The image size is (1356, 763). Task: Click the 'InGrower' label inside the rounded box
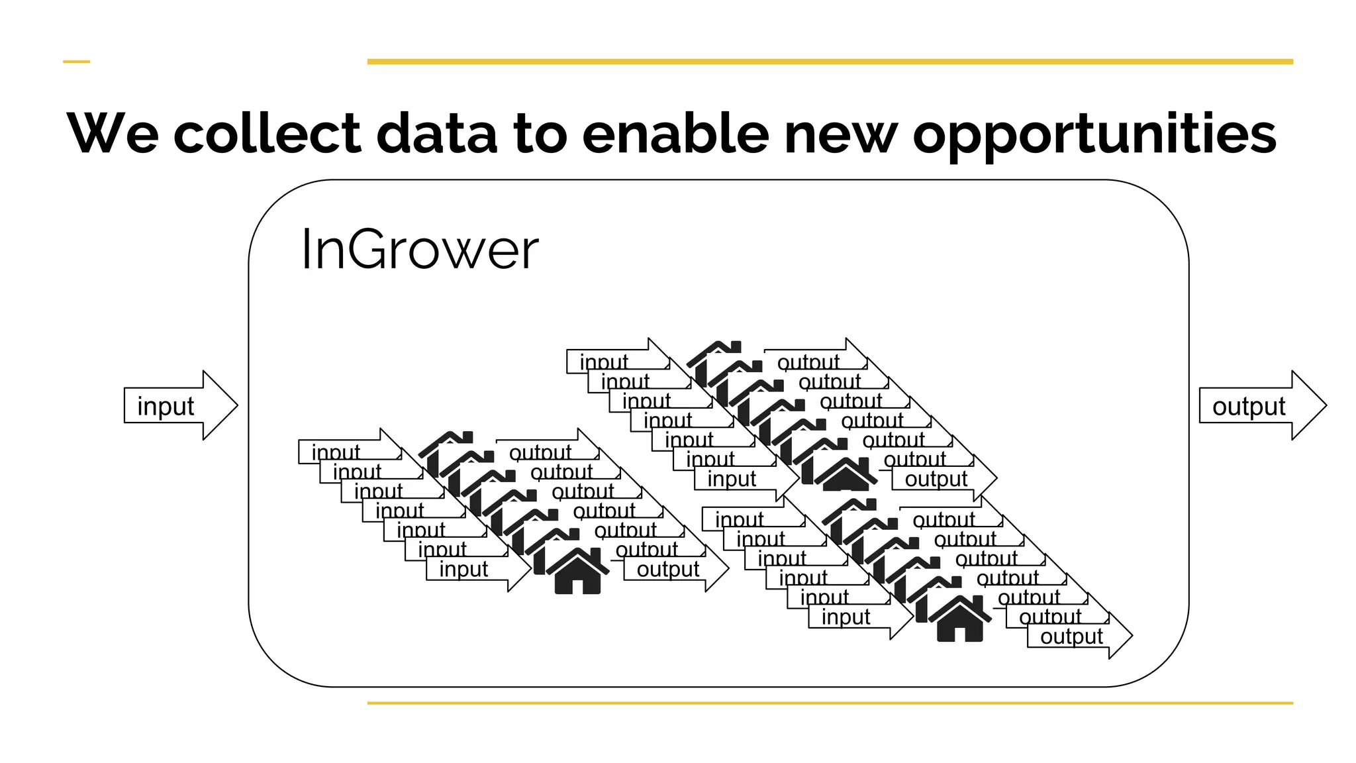(x=420, y=250)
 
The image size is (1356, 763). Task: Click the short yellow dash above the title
(x=76, y=62)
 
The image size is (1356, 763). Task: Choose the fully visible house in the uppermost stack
(x=846, y=474)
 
